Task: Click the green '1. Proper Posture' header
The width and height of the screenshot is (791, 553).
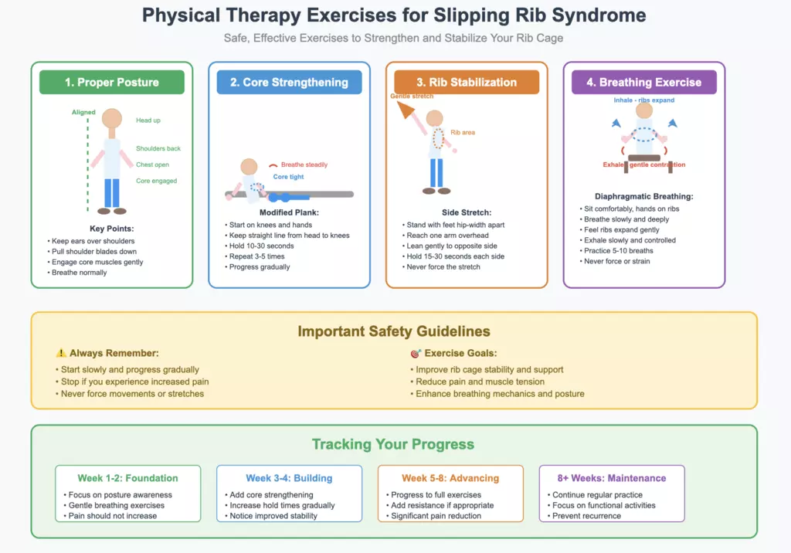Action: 112,83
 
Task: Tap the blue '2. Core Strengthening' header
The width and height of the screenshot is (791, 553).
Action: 289,83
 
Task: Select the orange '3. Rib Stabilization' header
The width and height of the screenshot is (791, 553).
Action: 467,83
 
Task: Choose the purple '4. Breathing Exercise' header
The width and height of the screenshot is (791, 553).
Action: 643,83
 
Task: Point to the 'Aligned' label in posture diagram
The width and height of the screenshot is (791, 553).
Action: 83,112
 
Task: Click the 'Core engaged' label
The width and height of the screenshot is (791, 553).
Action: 156,181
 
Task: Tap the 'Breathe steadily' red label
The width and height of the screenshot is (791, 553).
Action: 304,165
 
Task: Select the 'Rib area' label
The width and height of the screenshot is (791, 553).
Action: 463,133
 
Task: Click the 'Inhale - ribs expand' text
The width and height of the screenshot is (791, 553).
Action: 644,100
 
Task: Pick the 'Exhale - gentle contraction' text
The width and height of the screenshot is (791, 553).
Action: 644,165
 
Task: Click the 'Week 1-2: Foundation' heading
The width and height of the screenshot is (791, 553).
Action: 127,478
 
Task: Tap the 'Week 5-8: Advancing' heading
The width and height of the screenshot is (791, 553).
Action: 450,478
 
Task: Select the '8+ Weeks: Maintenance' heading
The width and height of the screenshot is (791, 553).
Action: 612,478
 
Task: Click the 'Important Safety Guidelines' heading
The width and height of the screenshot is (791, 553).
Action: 394,331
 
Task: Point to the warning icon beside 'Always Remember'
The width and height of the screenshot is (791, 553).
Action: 61,353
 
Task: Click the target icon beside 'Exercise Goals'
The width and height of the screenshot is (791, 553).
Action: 416,353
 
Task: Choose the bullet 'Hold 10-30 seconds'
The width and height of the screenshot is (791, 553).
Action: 261,246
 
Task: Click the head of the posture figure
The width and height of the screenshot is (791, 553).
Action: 113,119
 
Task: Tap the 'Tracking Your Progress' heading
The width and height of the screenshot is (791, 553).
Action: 393,444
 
